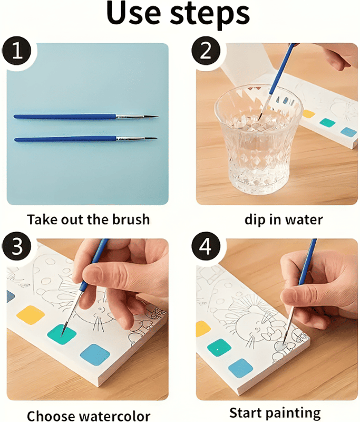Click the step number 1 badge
click(16, 51)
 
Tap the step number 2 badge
click(206, 51)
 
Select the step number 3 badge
click(16, 246)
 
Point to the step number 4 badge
click(206, 246)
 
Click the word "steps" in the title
click(210, 15)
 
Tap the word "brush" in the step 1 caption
click(131, 219)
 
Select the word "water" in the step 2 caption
click(304, 219)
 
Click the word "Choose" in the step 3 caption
click(50, 416)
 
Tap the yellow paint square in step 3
click(31, 315)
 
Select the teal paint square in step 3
click(62, 334)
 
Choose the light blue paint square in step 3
click(95, 354)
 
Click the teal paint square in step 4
click(219, 348)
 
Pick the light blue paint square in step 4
click(241, 368)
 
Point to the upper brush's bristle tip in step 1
click(158, 116)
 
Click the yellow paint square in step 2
click(308, 114)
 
